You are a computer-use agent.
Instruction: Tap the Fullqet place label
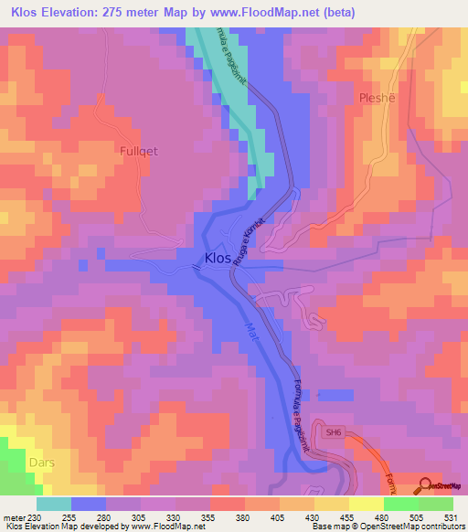point(140,151)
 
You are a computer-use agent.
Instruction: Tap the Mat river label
point(252,332)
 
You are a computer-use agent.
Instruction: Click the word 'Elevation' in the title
point(80,13)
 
